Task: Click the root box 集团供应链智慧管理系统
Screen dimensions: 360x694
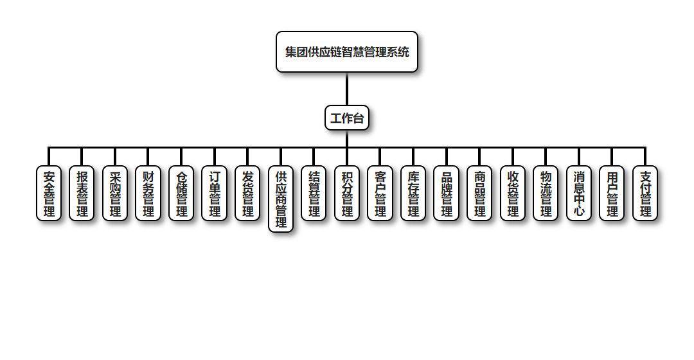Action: click(x=347, y=52)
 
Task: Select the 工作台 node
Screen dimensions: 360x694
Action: click(x=347, y=118)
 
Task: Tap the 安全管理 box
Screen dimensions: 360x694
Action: click(x=49, y=194)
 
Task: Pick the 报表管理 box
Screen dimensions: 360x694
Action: click(x=82, y=194)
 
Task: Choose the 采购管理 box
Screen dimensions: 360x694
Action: click(x=115, y=194)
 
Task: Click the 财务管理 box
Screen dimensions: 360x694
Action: click(x=148, y=194)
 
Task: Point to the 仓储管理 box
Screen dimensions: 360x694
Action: click(x=181, y=194)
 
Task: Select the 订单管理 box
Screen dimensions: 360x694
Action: click(x=215, y=194)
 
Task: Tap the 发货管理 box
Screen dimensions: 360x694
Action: click(x=247, y=194)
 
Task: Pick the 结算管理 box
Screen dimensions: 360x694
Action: click(x=314, y=194)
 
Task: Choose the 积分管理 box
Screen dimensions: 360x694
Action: click(x=347, y=194)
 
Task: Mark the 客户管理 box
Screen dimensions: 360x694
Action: click(x=380, y=194)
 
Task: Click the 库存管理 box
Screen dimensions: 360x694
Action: click(x=413, y=194)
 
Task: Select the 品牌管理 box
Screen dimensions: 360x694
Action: click(x=447, y=194)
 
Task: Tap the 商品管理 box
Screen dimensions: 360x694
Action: click(x=479, y=194)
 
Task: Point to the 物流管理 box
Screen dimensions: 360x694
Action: click(x=546, y=194)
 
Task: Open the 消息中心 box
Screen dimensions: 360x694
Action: click(x=579, y=194)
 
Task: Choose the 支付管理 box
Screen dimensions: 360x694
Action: click(x=645, y=194)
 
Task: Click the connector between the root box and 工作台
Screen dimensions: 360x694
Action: click(x=347, y=89)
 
